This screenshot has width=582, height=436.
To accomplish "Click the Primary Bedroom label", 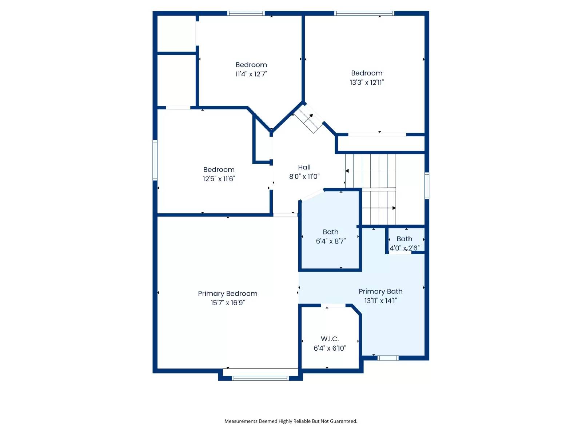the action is [x=227, y=294].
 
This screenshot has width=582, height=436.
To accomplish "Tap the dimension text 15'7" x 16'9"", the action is [x=228, y=303].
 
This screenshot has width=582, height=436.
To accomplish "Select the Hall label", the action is [x=304, y=167].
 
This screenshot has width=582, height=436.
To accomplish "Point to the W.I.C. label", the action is [x=330, y=339].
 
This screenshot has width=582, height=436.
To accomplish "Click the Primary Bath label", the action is [x=380, y=291].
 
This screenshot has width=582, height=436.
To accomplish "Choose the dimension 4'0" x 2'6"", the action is [x=404, y=248].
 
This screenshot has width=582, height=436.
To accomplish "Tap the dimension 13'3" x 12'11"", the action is [x=367, y=82].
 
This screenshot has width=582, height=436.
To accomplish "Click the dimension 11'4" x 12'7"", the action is [x=251, y=74].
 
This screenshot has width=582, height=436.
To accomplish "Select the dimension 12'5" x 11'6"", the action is [x=219, y=179].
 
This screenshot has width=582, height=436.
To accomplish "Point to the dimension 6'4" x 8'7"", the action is [x=331, y=241].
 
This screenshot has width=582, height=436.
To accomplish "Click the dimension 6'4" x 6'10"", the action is [x=330, y=348].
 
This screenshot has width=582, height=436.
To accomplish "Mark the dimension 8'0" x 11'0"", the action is [x=304, y=177].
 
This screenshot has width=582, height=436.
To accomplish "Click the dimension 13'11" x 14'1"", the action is [x=380, y=301].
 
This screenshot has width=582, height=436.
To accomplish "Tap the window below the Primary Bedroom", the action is [x=260, y=378].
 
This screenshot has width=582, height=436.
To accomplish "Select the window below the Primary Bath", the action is [x=388, y=358].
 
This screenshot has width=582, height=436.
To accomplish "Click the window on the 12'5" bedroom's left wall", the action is [x=155, y=161].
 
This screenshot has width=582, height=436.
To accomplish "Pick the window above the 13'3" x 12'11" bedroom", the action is [x=364, y=13].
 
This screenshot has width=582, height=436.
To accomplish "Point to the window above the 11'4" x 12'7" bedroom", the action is [x=246, y=13].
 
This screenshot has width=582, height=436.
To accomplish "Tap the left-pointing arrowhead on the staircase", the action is [x=347, y=171].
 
